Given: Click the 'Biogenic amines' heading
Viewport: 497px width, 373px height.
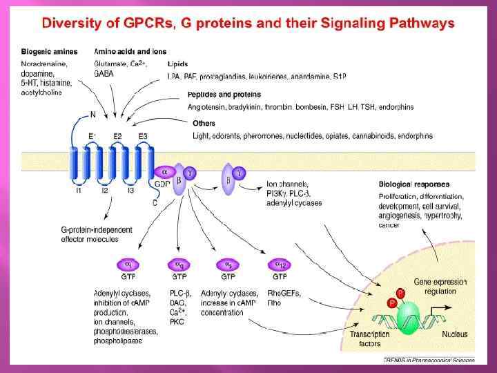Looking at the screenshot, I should tap(48, 51).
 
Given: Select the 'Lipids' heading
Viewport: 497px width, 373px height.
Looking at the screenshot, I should tap(177, 64).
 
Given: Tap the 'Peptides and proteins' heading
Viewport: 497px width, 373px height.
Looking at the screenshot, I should tap(224, 94).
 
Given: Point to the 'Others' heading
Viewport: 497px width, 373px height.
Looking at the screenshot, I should tap(204, 124).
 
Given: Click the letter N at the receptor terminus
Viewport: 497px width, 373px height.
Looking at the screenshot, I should tap(92, 115).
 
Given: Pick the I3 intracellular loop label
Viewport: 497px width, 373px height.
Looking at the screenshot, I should tap(129, 191).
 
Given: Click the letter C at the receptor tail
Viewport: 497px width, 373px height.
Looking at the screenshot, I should tap(154, 202).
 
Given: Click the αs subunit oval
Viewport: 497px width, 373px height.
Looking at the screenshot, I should tap(228, 264).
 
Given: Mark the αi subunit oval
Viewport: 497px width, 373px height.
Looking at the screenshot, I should tap(128, 264).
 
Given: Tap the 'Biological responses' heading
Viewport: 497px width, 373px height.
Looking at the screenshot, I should tap(414, 184).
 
